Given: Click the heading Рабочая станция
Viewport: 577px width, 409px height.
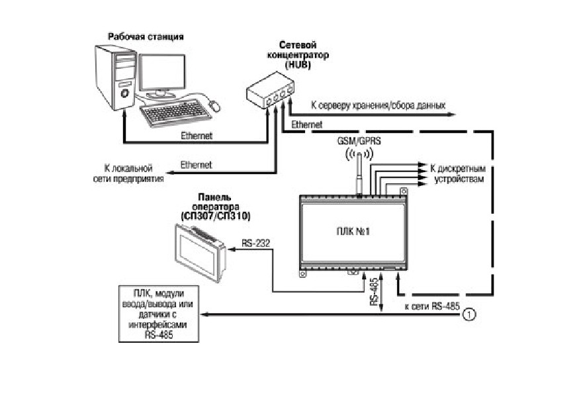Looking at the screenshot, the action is [x=146, y=37].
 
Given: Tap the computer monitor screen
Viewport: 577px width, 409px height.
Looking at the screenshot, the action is [x=162, y=72].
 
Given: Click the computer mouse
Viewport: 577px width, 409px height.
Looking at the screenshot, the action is [x=214, y=106].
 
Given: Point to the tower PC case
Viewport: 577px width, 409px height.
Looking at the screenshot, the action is [x=116, y=77].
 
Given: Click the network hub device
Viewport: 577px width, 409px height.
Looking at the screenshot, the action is [x=270, y=90].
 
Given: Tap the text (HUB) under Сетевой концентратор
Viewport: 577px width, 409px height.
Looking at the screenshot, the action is [x=298, y=65].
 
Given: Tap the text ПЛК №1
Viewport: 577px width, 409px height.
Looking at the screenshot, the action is [x=353, y=232].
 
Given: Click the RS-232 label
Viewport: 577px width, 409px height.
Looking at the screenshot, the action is [x=256, y=244].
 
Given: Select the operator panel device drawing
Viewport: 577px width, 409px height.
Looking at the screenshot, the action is [x=200, y=253].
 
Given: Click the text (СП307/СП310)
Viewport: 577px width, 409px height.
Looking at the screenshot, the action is [x=216, y=216].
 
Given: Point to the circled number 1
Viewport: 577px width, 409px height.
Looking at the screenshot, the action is [x=468, y=314].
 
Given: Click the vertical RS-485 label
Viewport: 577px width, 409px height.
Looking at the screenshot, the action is [x=375, y=292].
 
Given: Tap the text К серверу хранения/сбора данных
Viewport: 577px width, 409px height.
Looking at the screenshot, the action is [x=378, y=106].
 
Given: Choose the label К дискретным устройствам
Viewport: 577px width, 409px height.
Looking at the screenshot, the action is [x=458, y=174].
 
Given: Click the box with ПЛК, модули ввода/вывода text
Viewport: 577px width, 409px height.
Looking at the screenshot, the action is [x=159, y=314].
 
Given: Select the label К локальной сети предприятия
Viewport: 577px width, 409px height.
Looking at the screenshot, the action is [x=128, y=173].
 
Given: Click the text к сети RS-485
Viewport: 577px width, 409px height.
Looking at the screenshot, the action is [x=432, y=306].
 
